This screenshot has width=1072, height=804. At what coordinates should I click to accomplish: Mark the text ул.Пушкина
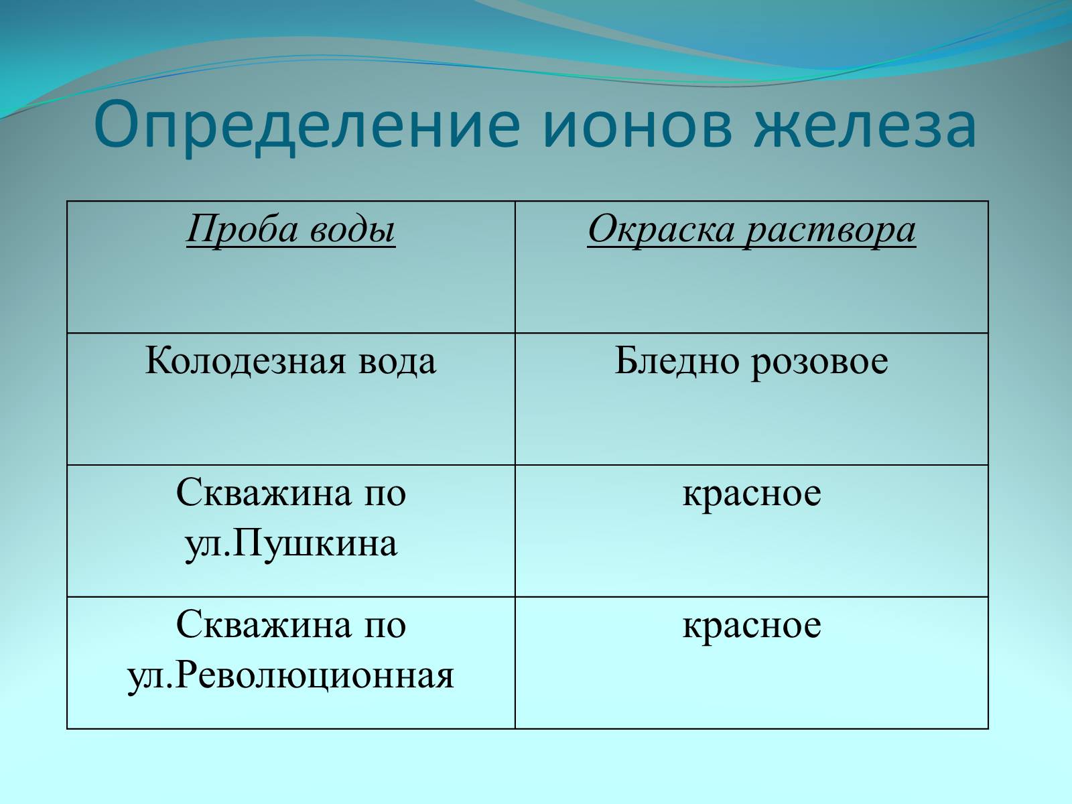point(291,544)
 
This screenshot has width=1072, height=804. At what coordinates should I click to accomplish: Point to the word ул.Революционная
point(291,675)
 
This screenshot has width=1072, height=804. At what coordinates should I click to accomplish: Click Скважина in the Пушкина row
point(264,492)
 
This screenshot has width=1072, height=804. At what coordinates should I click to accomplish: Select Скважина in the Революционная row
point(264,624)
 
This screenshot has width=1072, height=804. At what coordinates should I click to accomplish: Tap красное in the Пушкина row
point(752,494)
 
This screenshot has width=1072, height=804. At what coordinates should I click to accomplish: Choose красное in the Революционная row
point(752,626)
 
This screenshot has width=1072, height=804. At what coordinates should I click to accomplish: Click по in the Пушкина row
point(385,494)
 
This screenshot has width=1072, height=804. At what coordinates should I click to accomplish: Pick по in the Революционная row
point(385,626)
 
